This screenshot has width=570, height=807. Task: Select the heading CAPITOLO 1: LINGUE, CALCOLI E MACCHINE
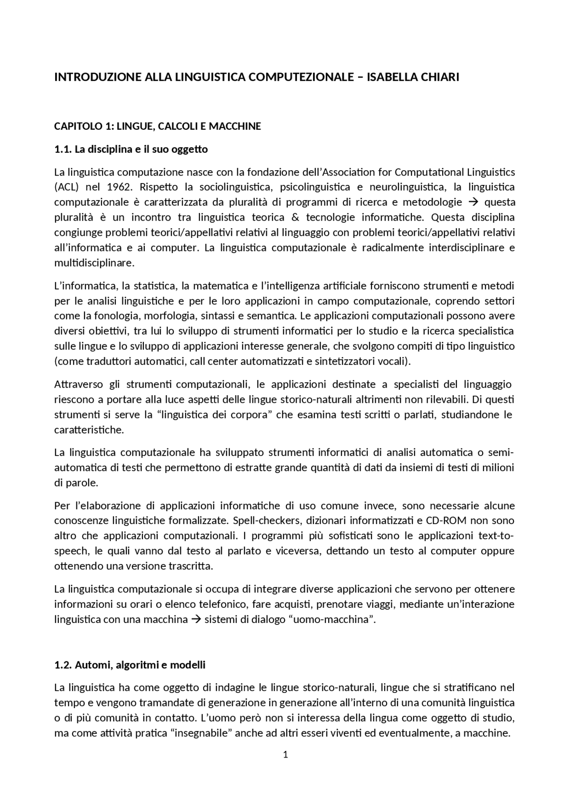(x=157, y=127)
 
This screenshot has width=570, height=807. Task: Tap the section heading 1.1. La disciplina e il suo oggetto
(x=130, y=149)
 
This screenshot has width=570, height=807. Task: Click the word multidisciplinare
(x=94, y=263)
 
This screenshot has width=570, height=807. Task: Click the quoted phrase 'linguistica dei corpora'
(x=214, y=415)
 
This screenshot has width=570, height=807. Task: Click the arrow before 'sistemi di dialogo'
(x=196, y=620)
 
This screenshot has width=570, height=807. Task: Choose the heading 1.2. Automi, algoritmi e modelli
(x=130, y=665)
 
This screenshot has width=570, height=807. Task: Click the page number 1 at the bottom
(x=285, y=754)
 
